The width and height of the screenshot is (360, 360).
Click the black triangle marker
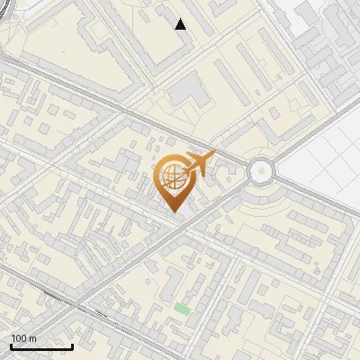181,24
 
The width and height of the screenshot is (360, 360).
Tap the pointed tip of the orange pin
175,211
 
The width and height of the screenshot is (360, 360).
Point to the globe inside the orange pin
174,177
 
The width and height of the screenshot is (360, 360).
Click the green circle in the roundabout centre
261,169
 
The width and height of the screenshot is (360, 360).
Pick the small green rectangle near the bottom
183,309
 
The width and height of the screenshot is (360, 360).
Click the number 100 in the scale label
20,338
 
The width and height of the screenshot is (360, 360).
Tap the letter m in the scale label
32,338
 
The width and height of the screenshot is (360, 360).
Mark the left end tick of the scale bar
11,346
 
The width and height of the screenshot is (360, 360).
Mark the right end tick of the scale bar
72,346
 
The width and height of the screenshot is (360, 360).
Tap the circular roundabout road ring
261,156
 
